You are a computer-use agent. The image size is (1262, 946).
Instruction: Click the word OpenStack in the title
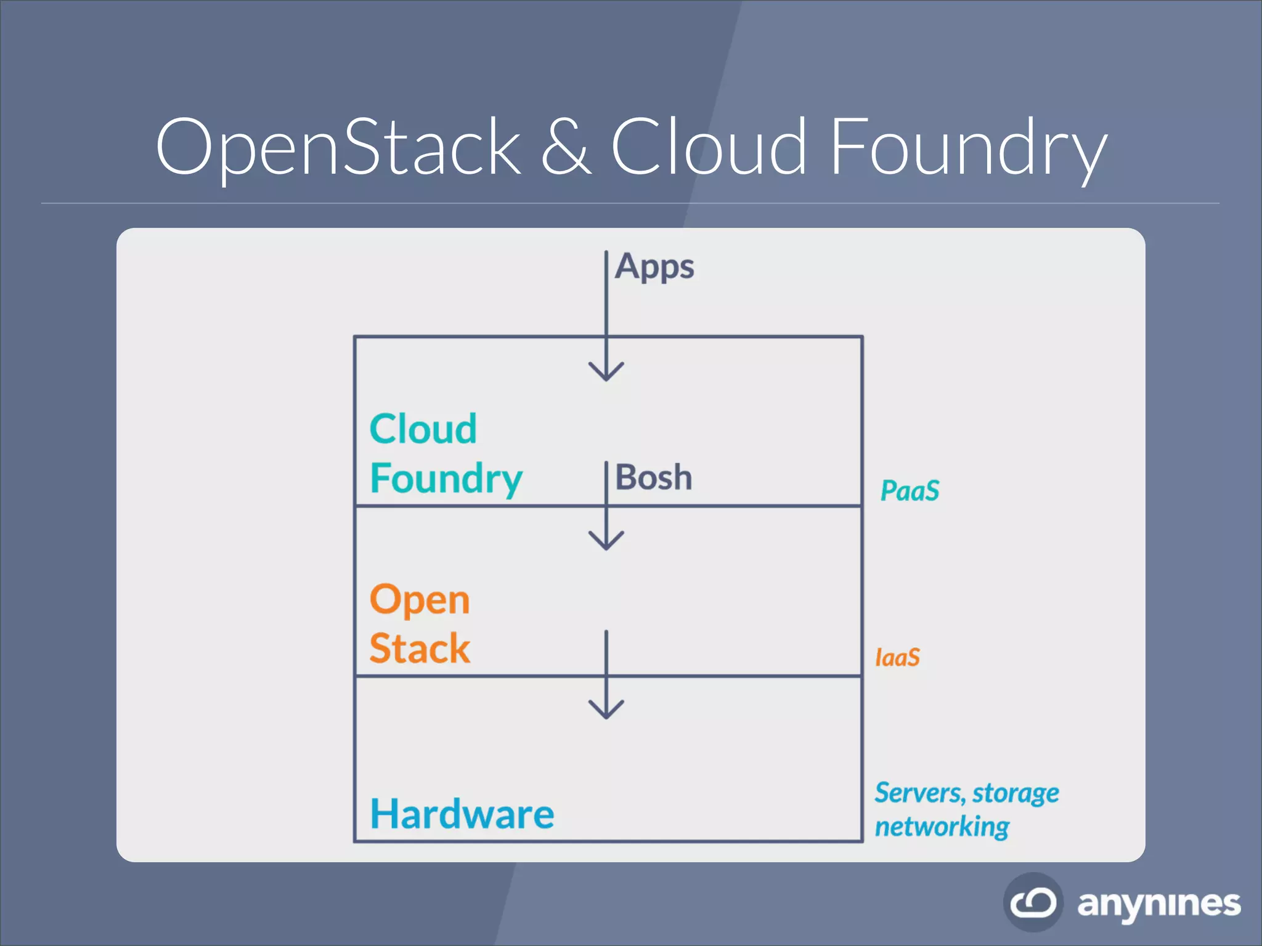338,148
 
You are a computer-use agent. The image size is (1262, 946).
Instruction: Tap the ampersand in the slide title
566,148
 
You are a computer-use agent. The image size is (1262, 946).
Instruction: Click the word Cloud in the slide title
709,148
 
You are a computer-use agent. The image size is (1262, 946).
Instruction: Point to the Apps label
654,267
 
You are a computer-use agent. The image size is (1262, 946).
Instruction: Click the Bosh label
654,477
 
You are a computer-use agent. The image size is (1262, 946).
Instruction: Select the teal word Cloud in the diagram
423,429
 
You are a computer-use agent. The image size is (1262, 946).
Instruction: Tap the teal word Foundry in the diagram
446,479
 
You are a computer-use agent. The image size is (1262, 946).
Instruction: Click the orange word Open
420,599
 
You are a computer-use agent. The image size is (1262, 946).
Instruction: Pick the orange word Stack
420,649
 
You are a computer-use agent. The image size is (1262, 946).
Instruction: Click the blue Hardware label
462,814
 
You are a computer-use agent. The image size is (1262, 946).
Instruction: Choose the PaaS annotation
910,491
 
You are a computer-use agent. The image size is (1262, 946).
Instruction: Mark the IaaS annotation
897,658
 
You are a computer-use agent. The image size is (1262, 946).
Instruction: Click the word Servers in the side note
919,793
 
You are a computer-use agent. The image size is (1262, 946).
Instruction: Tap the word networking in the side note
942,827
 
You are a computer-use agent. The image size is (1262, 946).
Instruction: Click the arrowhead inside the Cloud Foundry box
606,372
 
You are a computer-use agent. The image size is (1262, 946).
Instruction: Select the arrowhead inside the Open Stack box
606,541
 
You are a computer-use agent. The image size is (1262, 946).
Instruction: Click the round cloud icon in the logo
1033,902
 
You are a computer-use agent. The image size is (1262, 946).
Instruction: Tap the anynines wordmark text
1158,904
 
